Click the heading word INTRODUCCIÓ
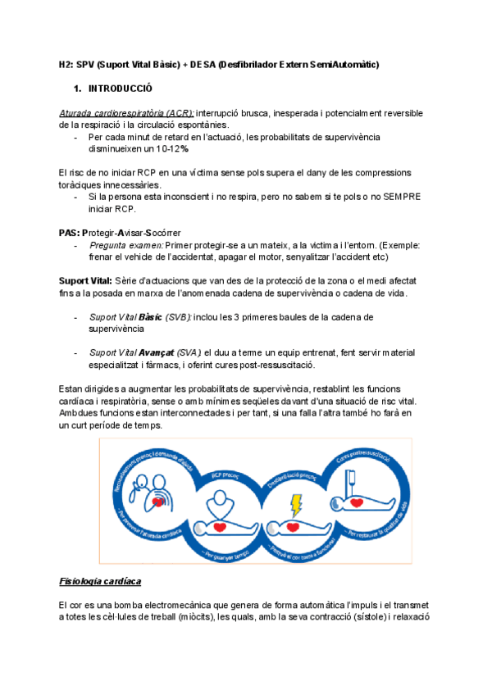click(120, 87)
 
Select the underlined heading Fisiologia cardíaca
click(100, 581)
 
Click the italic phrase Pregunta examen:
click(126, 245)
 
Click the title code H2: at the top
click(70, 64)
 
